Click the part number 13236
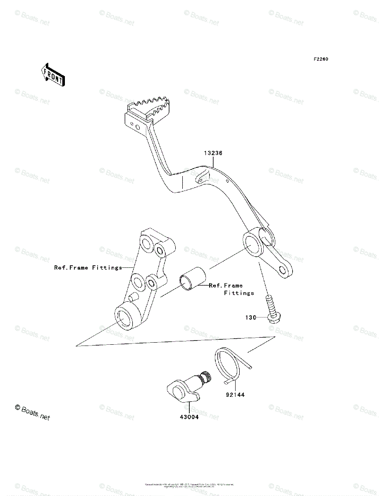(x=213, y=153)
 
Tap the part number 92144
(x=235, y=395)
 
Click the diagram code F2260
(x=320, y=59)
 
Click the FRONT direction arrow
(x=52, y=75)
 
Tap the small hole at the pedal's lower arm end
(x=283, y=270)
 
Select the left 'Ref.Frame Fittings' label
(x=88, y=267)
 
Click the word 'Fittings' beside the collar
(x=239, y=293)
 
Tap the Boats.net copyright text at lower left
(x=32, y=413)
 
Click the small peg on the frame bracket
(x=132, y=297)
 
